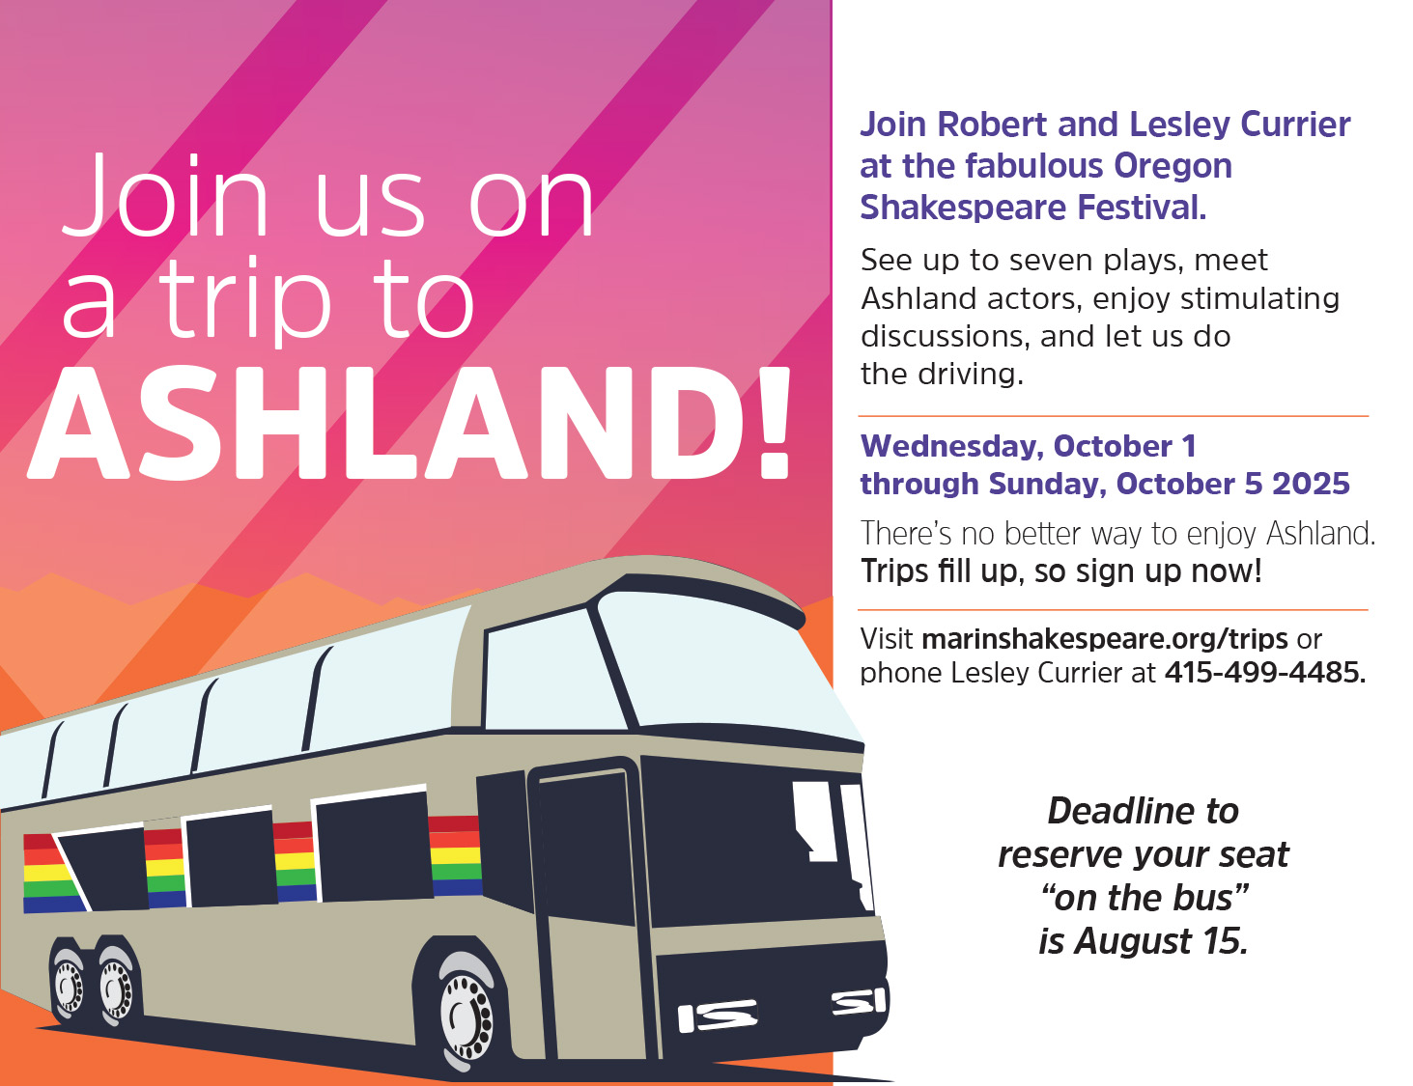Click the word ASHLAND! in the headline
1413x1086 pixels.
click(409, 423)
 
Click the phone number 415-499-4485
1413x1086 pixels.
click(1264, 673)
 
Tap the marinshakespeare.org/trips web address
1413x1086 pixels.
click(1105, 639)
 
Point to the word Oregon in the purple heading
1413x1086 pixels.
click(1173, 166)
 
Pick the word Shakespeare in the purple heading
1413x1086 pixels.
click(963, 208)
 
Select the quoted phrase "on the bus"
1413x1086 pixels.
click(1145, 898)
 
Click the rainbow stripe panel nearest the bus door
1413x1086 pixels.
click(455, 856)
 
